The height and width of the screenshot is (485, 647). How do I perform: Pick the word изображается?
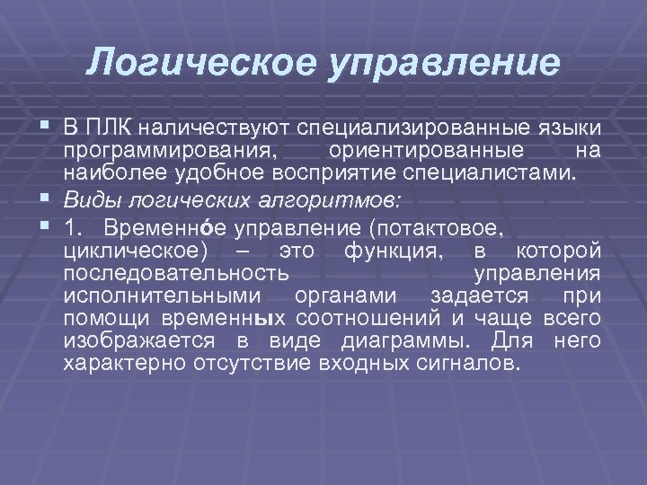pyautogui.click(x=139, y=340)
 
